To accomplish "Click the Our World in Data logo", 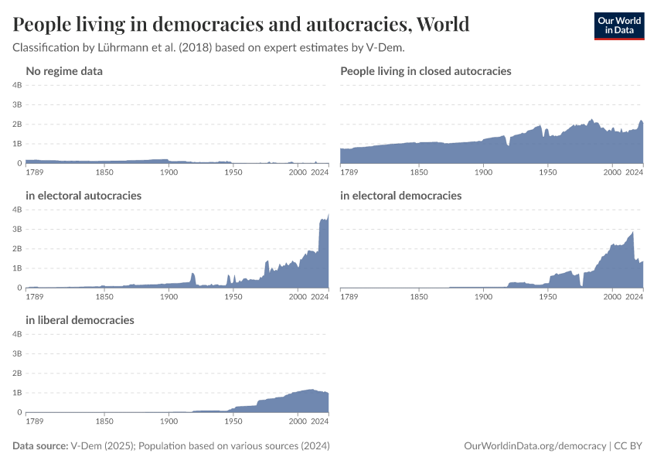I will point(618,25).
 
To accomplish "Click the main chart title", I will point(241,24).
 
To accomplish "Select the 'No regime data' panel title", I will point(64,71).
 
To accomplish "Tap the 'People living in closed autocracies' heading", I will point(426,71).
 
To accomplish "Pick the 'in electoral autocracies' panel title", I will point(83,196).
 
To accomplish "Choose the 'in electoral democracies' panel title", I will point(400,196).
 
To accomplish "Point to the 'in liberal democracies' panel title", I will point(80,320).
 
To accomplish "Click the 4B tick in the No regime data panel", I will point(17,84).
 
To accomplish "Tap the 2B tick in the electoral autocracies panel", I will point(17,248).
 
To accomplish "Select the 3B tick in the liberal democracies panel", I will point(17,353).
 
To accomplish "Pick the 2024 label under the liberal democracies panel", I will point(320,422).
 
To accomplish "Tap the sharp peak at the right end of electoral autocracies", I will point(328,215).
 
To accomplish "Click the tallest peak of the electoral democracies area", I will point(633,231).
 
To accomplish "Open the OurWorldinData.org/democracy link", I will point(535,446).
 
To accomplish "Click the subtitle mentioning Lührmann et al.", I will point(209,48).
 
